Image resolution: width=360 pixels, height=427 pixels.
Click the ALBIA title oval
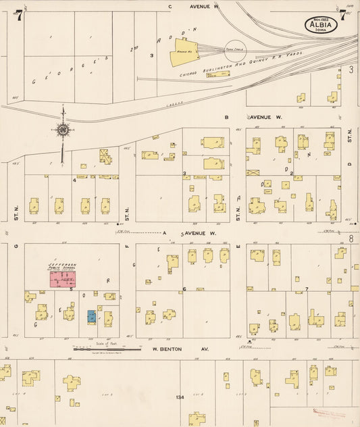click(x=323, y=25)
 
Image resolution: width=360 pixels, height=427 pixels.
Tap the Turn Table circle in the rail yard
click(x=234, y=51)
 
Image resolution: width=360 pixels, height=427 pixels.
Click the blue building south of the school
click(x=91, y=316)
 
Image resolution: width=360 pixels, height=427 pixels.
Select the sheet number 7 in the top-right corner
click(x=343, y=15)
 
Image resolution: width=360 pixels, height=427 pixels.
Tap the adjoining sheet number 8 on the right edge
click(x=351, y=238)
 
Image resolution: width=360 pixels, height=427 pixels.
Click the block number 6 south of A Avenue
click(x=184, y=288)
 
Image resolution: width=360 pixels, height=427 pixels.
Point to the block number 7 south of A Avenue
click(x=306, y=288)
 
